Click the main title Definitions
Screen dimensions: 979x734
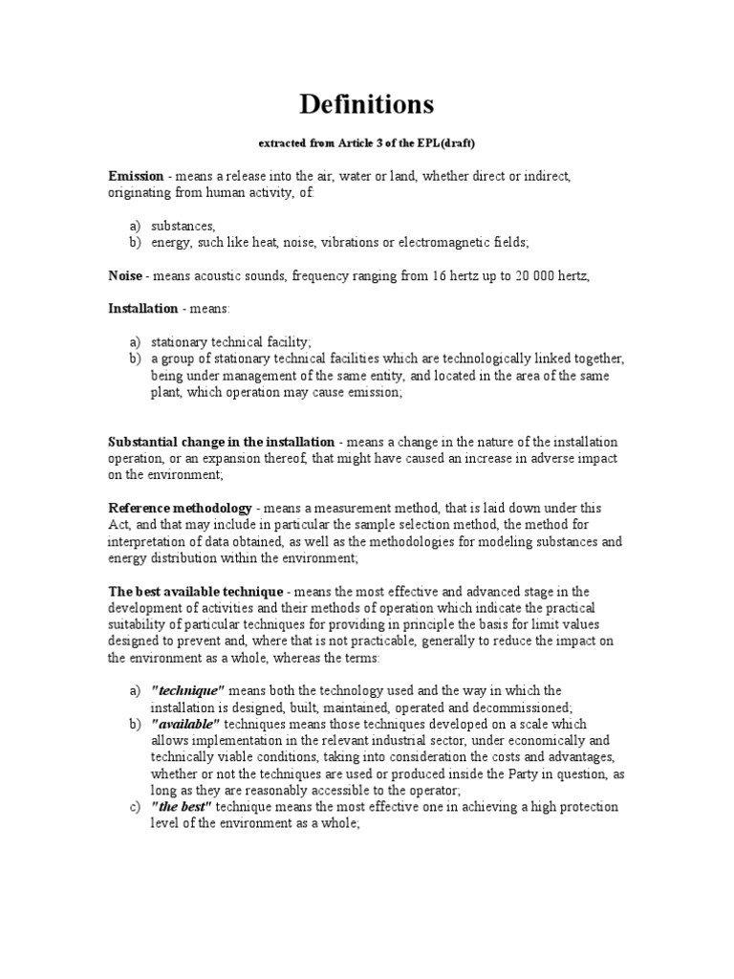pos(367,103)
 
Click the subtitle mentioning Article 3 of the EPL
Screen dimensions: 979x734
pos(367,142)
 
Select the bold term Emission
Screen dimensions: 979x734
pos(136,177)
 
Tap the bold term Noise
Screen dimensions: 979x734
pos(124,275)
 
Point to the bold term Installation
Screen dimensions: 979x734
pos(143,309)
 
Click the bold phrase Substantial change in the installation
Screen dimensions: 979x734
pos(221,442)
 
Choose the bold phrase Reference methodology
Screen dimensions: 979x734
pos(181,508)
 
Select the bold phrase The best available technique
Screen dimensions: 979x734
pos(196,591)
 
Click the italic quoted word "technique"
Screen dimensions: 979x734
pos(187,691)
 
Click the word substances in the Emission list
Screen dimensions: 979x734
pos(183,226)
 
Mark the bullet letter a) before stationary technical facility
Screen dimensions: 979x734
pos(135,342)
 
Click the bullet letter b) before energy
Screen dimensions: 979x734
pos(135,242)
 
